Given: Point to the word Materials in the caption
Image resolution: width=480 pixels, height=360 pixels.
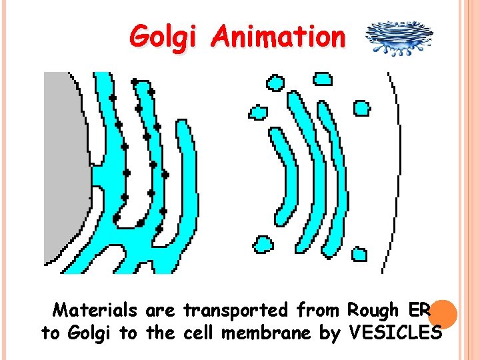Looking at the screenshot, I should pos(95,310).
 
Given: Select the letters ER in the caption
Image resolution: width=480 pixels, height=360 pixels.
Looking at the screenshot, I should pos(419,310).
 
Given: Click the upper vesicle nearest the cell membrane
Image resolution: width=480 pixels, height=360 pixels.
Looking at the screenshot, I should pos(361,107).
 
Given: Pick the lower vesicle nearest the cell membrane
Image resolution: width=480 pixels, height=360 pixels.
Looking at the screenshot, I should pos(359,254).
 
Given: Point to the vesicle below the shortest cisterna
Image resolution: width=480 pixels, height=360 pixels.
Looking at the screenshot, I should pos(263,244).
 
